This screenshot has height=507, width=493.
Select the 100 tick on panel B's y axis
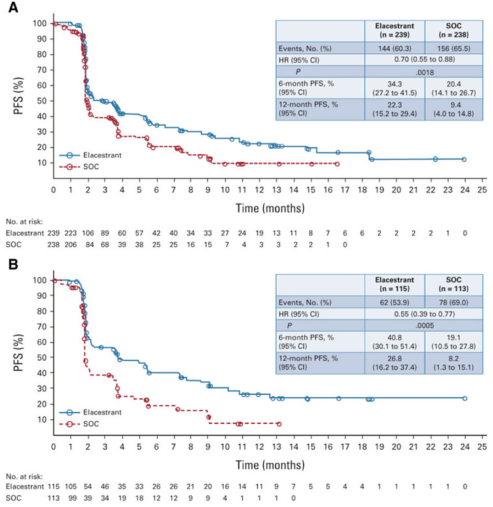(x=39, y=280)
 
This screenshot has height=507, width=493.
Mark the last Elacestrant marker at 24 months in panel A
(x=464, y=159)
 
